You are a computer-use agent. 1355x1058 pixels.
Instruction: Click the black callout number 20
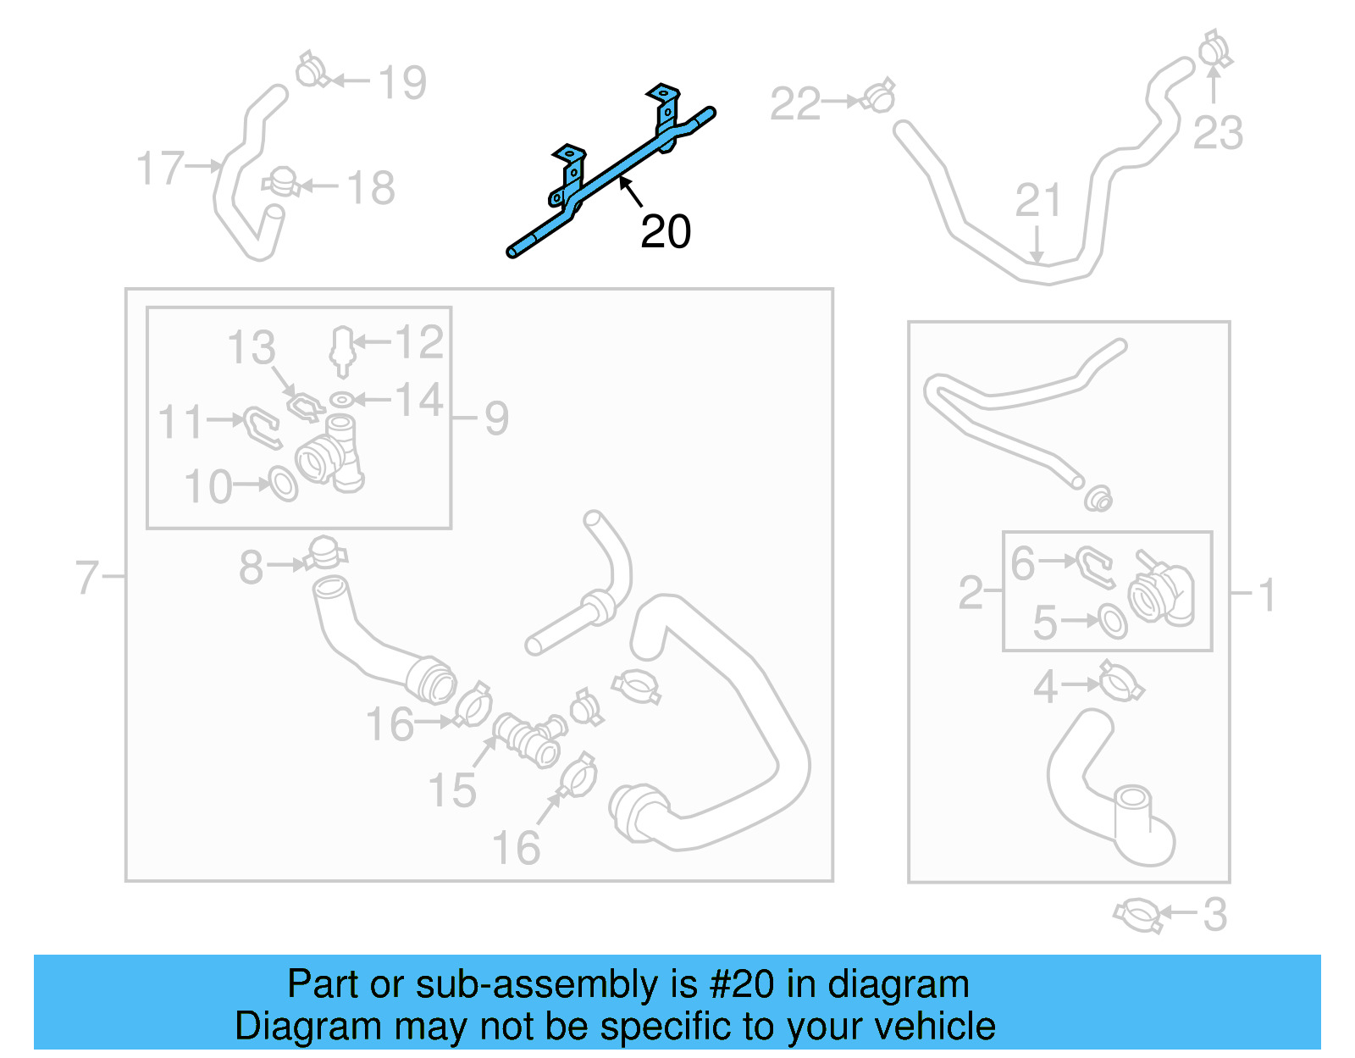(x=666, y=231)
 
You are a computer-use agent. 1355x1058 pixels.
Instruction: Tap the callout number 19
(x=401, y=82)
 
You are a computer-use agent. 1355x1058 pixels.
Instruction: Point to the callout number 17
(x=160, y=168)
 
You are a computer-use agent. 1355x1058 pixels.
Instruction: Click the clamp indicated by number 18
(x=280, y=182)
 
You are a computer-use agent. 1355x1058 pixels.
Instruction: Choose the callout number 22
(x=794, y=103)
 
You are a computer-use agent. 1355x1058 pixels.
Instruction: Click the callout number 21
(x=1038, y=201)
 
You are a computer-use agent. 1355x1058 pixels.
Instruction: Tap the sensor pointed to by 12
(x=341, y=349)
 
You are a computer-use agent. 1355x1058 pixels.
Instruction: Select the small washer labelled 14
(x=341, y=399)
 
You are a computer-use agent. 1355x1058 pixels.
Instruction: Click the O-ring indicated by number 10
(x=283, y=485)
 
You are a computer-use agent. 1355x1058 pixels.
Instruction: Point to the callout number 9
(x=496, y=418)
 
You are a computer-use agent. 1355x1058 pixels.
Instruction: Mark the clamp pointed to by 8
(x=324, y=554)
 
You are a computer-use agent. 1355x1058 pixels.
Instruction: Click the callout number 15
(x=452, y=790)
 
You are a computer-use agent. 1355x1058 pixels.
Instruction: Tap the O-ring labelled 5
(x=1112, y=621)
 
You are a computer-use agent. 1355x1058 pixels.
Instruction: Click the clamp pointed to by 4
(x=1121, y=682)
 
